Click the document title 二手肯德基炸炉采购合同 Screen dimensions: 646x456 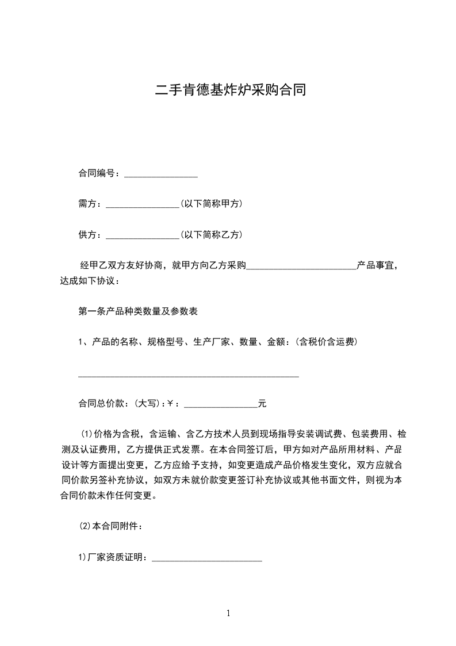coord(228,90)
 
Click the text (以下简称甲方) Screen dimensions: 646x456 coord(211,204)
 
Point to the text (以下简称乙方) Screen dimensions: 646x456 coord(211,235)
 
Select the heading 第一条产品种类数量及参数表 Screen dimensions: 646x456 coord(138,311)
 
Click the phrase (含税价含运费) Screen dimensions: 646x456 coord(327,342)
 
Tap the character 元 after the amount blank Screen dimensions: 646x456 coord(262,404)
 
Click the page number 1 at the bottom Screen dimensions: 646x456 coord(228,613)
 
